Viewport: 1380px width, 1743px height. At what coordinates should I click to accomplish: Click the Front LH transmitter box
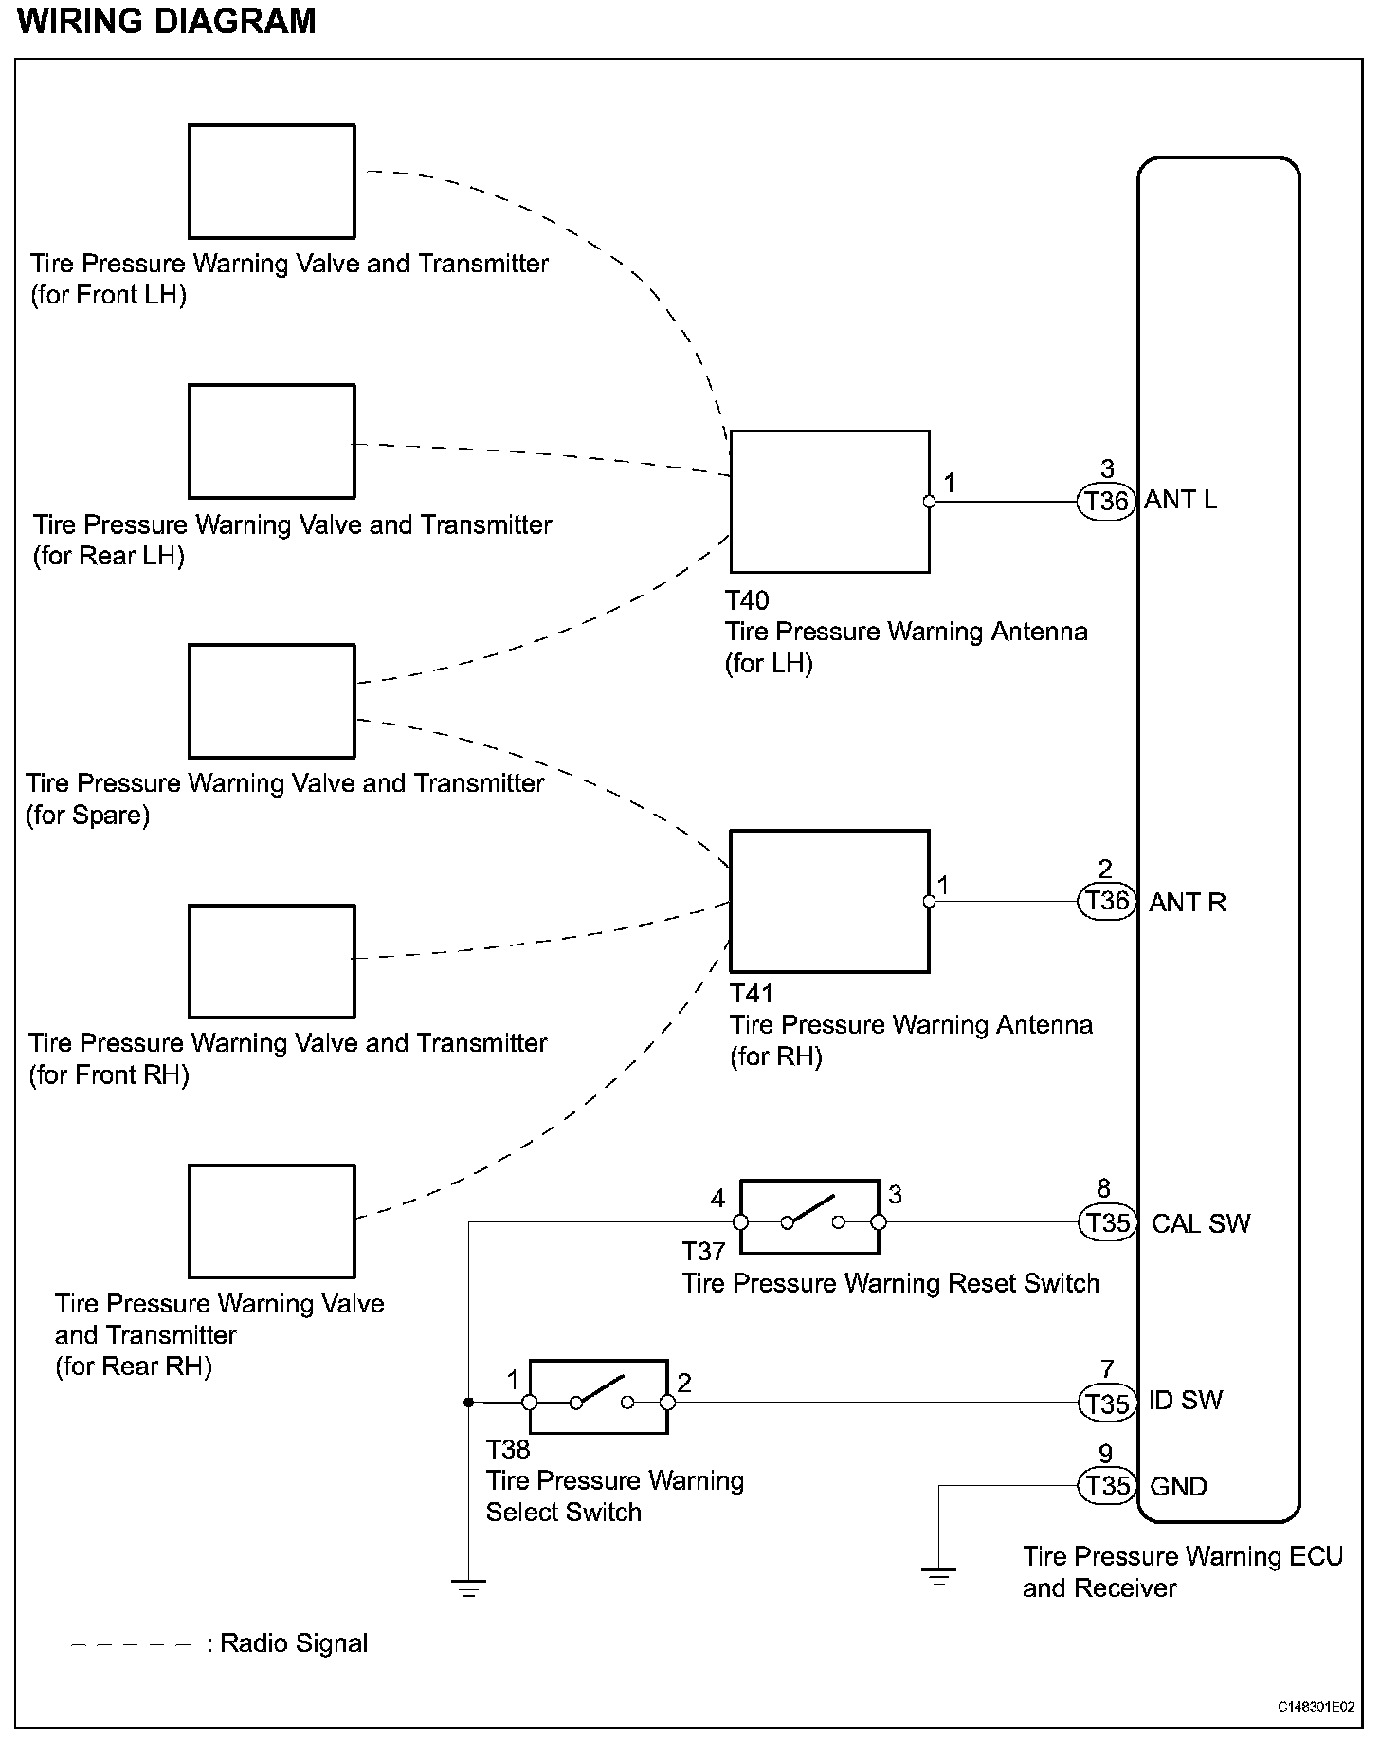[x=271, y=181]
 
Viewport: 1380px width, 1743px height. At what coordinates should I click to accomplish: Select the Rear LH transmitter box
[x=271, y=441]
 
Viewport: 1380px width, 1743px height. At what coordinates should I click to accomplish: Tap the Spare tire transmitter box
[x=271, y=701]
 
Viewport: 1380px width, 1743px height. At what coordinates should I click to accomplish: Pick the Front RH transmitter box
[x=271, y=961]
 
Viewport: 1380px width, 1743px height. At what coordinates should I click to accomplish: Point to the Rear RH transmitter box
[x=271, y=1220]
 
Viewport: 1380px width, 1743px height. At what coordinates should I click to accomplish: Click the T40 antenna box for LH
[x=829, y=502]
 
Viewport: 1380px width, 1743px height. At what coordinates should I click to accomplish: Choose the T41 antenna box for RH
[x=829, y=901]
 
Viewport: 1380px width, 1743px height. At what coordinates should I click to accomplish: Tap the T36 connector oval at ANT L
[x=1106, y=501]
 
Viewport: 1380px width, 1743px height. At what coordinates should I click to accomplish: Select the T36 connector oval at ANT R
[x=1106, y=901]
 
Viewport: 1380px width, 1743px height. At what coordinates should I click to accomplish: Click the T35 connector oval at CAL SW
[x=1107, y=1222]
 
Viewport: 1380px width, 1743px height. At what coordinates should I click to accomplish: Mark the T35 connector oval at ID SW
[x=1107, y=1402]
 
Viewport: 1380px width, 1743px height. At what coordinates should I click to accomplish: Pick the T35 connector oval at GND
[x=1107, y=1486]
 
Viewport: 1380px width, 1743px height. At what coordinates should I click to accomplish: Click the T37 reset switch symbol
[x=809, y=1217]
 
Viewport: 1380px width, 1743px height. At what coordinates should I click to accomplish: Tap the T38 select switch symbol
[x=598, y=1397]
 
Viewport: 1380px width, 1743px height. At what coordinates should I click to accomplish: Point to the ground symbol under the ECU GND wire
[x=938, y=1577]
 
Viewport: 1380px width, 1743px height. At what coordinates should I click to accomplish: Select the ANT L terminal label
[x=1180, y=500]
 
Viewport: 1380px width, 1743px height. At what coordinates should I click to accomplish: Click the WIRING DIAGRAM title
[x=167, y=21]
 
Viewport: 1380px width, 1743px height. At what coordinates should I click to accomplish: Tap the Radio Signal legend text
[x=293, y=1643]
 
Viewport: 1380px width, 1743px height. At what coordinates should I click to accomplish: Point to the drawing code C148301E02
[x=1316, y=1708]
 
